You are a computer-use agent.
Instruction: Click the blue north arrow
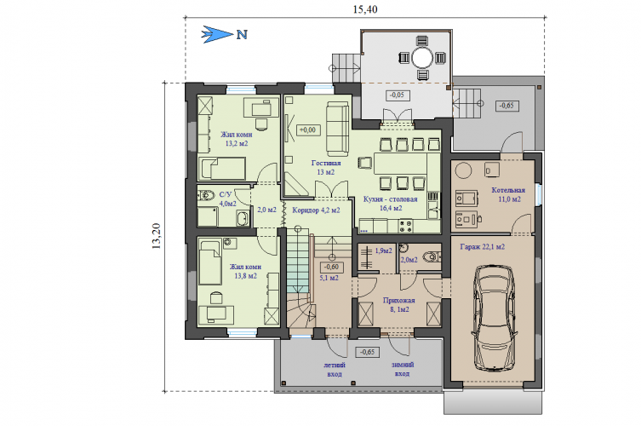tap(217, 34)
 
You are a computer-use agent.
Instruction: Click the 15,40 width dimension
tap(365, 9)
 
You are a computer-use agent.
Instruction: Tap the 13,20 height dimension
tap(156, 236)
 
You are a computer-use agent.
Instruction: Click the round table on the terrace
tap(422, 58)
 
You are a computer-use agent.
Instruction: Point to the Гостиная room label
tap(326, 163)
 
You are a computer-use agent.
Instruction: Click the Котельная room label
tap(508, 190)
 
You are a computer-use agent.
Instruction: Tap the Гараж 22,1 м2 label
tap(483, 247)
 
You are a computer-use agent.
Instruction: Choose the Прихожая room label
tap(398, 301)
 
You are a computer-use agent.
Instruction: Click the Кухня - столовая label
tap(391, 199)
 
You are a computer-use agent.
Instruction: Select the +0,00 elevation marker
tap(308, 130)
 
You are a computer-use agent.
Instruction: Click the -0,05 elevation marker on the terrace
tap(398, 95)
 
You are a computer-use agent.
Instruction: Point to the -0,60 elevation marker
tap(331, 267)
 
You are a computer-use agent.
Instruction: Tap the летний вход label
tap(335, 369)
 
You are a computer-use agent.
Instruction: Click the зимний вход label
tap(403, 369)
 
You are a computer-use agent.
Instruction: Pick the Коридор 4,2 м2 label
tap(316, 210)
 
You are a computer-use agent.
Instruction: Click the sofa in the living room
tap(337, 129)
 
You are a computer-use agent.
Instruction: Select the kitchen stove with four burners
tap(405, 227)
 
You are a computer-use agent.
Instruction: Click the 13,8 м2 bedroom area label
tap(245, 276)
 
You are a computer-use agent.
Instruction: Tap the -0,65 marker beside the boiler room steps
tap(507, 106)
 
